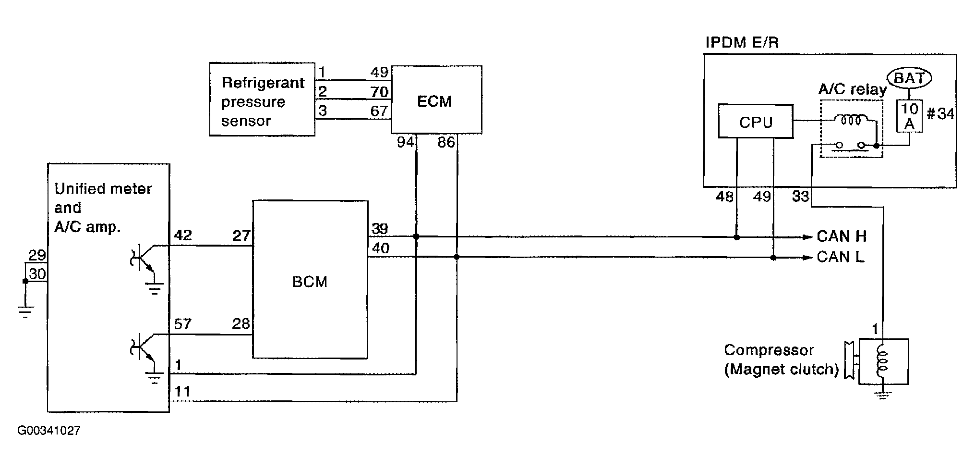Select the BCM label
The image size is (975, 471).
[310, 281]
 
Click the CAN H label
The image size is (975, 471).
[842, 236]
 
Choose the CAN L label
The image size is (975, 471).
[841, 257]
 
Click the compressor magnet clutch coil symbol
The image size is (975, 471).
[883, 361]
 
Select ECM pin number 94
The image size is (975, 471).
[406, 143]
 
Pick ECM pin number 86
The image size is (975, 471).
[446, 143]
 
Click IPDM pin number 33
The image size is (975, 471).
[800, 197]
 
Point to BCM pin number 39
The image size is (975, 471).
[380, 228]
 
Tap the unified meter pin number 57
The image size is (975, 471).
[183, 324]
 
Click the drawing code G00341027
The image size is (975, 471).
[49, 431]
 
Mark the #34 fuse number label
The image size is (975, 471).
[940, 114]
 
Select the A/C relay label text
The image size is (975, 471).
[852, 90]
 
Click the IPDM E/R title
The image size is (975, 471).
[742, 43]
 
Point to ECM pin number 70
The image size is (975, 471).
[379, 91]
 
